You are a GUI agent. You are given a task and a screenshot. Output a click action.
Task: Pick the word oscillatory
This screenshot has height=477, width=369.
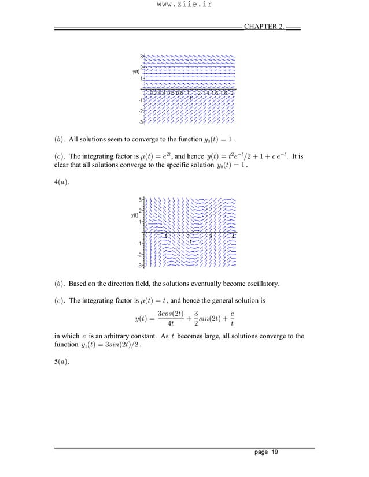click(262, 284)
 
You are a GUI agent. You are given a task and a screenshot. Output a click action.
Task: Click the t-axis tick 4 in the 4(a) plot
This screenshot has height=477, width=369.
click(234, 236)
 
